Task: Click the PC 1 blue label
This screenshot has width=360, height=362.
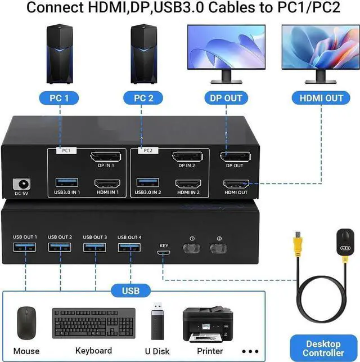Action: [x=59, y=98]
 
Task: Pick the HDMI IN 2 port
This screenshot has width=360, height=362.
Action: [x=189, y=184]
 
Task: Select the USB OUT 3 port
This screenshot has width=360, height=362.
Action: [x=94, y=248]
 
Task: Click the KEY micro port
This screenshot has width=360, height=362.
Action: [x=164, y=253]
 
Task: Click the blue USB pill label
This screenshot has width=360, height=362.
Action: [x=129, y=291]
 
